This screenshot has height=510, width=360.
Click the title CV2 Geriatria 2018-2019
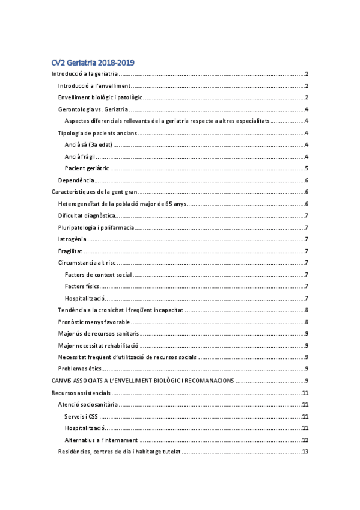pyautogui.click(x=92, y=62)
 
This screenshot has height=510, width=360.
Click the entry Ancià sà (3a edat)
pyautogui.click(x=88, y=144)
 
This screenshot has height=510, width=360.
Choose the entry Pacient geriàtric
pyautogui.click(x=87, y=168)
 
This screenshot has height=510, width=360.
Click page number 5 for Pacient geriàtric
pyautogui.click(x=307, y=168)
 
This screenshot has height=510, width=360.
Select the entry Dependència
pyautogui.click(x=76, y=180)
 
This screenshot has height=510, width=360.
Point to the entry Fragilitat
pyautogui.click(x=70, y=251)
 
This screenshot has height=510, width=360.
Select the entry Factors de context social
pyautogui.click(x=98, y=275)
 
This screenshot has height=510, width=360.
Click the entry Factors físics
pyautogui.click(x=82, y=286)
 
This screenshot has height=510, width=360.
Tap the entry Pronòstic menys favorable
pyautogui.click(x=94, y=322)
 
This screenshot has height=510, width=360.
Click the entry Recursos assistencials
pyautogui.click(x=81, y=393)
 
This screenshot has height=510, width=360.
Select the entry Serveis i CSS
pyautogui.click(x=81, y=416)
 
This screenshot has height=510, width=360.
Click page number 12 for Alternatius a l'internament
pyautogui.click(x=305, y=440)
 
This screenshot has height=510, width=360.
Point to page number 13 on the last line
pyautogui.click(x=305, y=452)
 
